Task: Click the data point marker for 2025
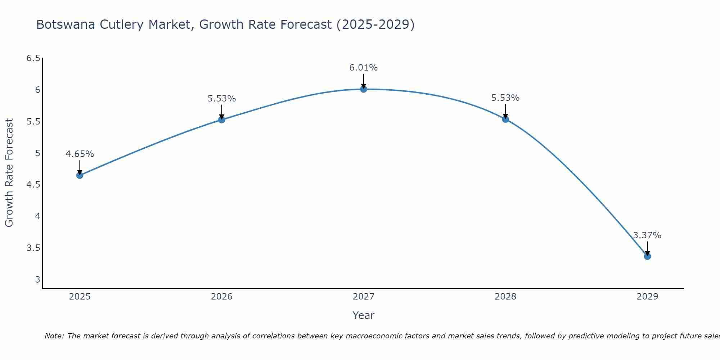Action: click(80, 175)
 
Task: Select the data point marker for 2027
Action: click(364, 89)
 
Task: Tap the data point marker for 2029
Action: click(647, 256)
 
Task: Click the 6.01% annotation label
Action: click(364, 68)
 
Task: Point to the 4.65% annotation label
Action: click(80, 154)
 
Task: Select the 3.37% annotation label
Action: click(647, 235)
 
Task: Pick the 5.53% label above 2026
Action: click(222, 99)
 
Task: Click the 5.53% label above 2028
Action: click(505, 98)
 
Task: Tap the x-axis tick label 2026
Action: click(222, 297)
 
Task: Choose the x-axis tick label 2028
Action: click(505, 297)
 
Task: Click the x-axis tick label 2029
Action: click(647, 297)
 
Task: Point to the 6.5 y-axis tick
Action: click(33, 58)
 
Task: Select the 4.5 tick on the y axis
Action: click(33, 185)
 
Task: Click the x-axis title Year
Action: click(364, 315)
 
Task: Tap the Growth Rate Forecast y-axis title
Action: click(9, 173)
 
